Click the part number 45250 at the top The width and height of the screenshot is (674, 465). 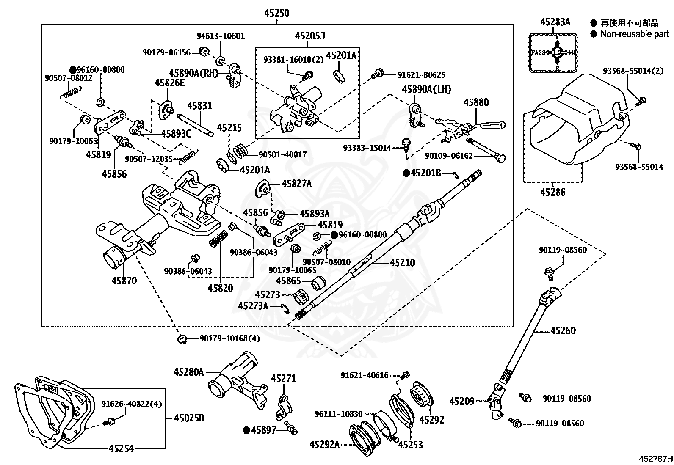point(276,13)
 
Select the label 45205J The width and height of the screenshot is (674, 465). point(310,36)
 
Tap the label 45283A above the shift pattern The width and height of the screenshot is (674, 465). point(555,22)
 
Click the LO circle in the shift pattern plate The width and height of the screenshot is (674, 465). point(557,52)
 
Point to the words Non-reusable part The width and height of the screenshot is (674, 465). point(635,34)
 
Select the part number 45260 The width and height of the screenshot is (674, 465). point(563,330)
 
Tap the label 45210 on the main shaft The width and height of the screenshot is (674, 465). point(402,263)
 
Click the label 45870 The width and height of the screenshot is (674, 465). point(124,281)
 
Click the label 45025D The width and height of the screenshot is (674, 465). point(189,418)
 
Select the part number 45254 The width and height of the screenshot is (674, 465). point(121,449)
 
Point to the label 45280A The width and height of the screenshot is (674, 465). point(189,372)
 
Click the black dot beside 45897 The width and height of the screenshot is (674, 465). point(247,430)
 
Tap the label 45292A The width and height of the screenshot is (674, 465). point(324,444)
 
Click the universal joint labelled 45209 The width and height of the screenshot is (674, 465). point(495,401)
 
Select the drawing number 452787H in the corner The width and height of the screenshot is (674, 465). point(656,459)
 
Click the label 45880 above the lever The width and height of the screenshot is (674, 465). point(476,102)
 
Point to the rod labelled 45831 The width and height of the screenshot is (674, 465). point(195,125)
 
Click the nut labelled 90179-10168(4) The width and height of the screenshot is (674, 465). point(182,339)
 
